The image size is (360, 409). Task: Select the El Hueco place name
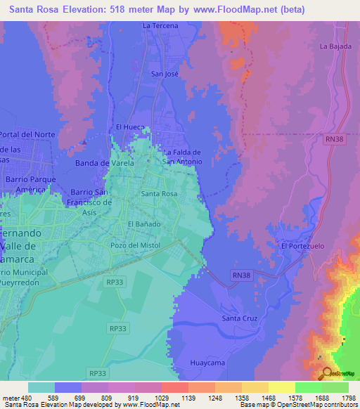[x=129, y=126]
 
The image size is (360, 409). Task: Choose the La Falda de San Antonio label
[x=182, y=157]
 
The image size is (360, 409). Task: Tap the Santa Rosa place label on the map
[x=159, y=193]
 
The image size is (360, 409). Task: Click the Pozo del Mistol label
[x=135, y=245]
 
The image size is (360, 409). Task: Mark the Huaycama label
[x=207, y=363]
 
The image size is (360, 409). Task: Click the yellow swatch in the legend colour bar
[x=282, y=387]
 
